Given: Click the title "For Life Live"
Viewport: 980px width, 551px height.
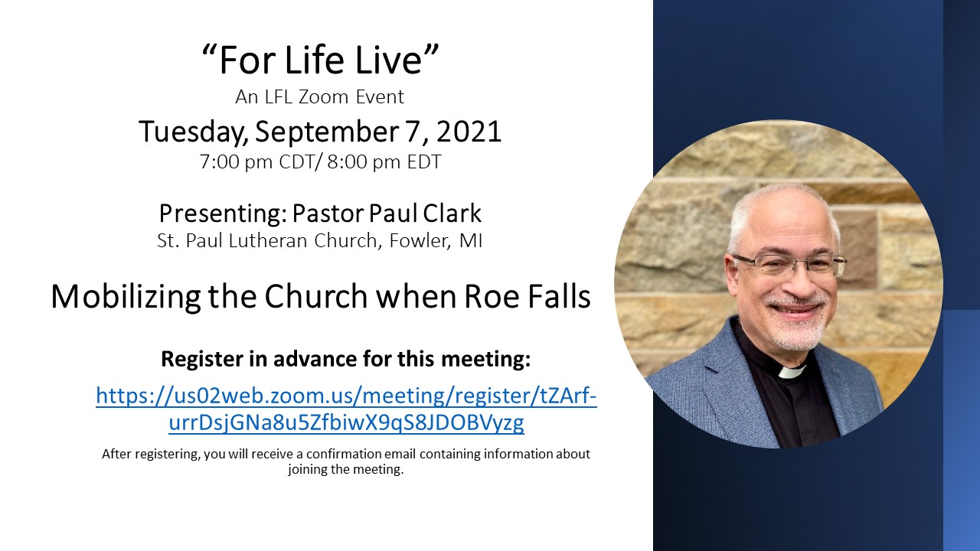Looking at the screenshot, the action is coord(320,60).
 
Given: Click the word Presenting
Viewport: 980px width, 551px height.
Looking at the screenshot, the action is coord(223,214).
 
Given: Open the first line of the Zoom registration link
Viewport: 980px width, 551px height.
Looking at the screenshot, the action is coord(346,396).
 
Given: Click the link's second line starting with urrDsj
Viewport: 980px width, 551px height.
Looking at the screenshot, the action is coord(346,423).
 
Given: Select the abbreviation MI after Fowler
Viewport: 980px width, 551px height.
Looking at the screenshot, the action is coord(470,241).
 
